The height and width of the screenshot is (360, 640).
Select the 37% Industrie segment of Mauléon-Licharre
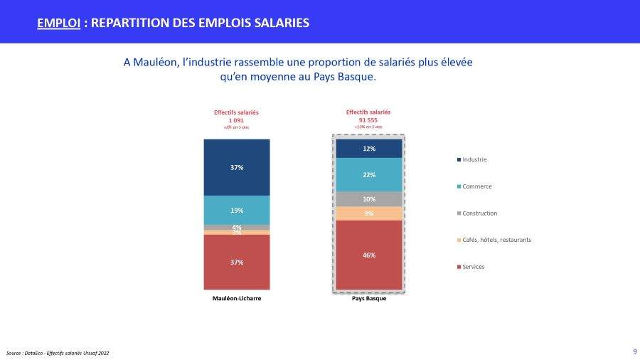point(237,167)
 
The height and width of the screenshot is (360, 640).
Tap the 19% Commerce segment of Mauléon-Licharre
point(237,210)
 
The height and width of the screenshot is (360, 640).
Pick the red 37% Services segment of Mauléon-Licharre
point(237,262)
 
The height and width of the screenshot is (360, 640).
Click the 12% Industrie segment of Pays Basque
point(369,148)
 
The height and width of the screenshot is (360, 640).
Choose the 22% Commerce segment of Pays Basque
point(369,174)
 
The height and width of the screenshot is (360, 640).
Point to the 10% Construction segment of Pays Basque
point(369,199)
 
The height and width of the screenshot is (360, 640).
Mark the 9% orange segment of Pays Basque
point(369,213)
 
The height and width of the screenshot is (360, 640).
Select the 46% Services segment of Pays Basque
point(369,255)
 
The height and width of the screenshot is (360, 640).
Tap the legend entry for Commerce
point(476,186)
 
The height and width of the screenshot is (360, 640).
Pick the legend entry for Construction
point(479,213)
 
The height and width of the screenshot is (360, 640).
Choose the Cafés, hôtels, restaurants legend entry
point(496,240)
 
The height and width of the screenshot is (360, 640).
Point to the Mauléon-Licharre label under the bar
point(237,299)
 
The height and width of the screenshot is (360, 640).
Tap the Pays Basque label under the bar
point(369,299)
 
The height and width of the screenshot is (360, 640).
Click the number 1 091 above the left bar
point(237,120)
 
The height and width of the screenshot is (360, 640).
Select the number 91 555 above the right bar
point(368,120)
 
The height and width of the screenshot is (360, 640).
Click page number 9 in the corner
point(634,351)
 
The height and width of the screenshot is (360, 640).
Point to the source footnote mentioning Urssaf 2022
point(58,353)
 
